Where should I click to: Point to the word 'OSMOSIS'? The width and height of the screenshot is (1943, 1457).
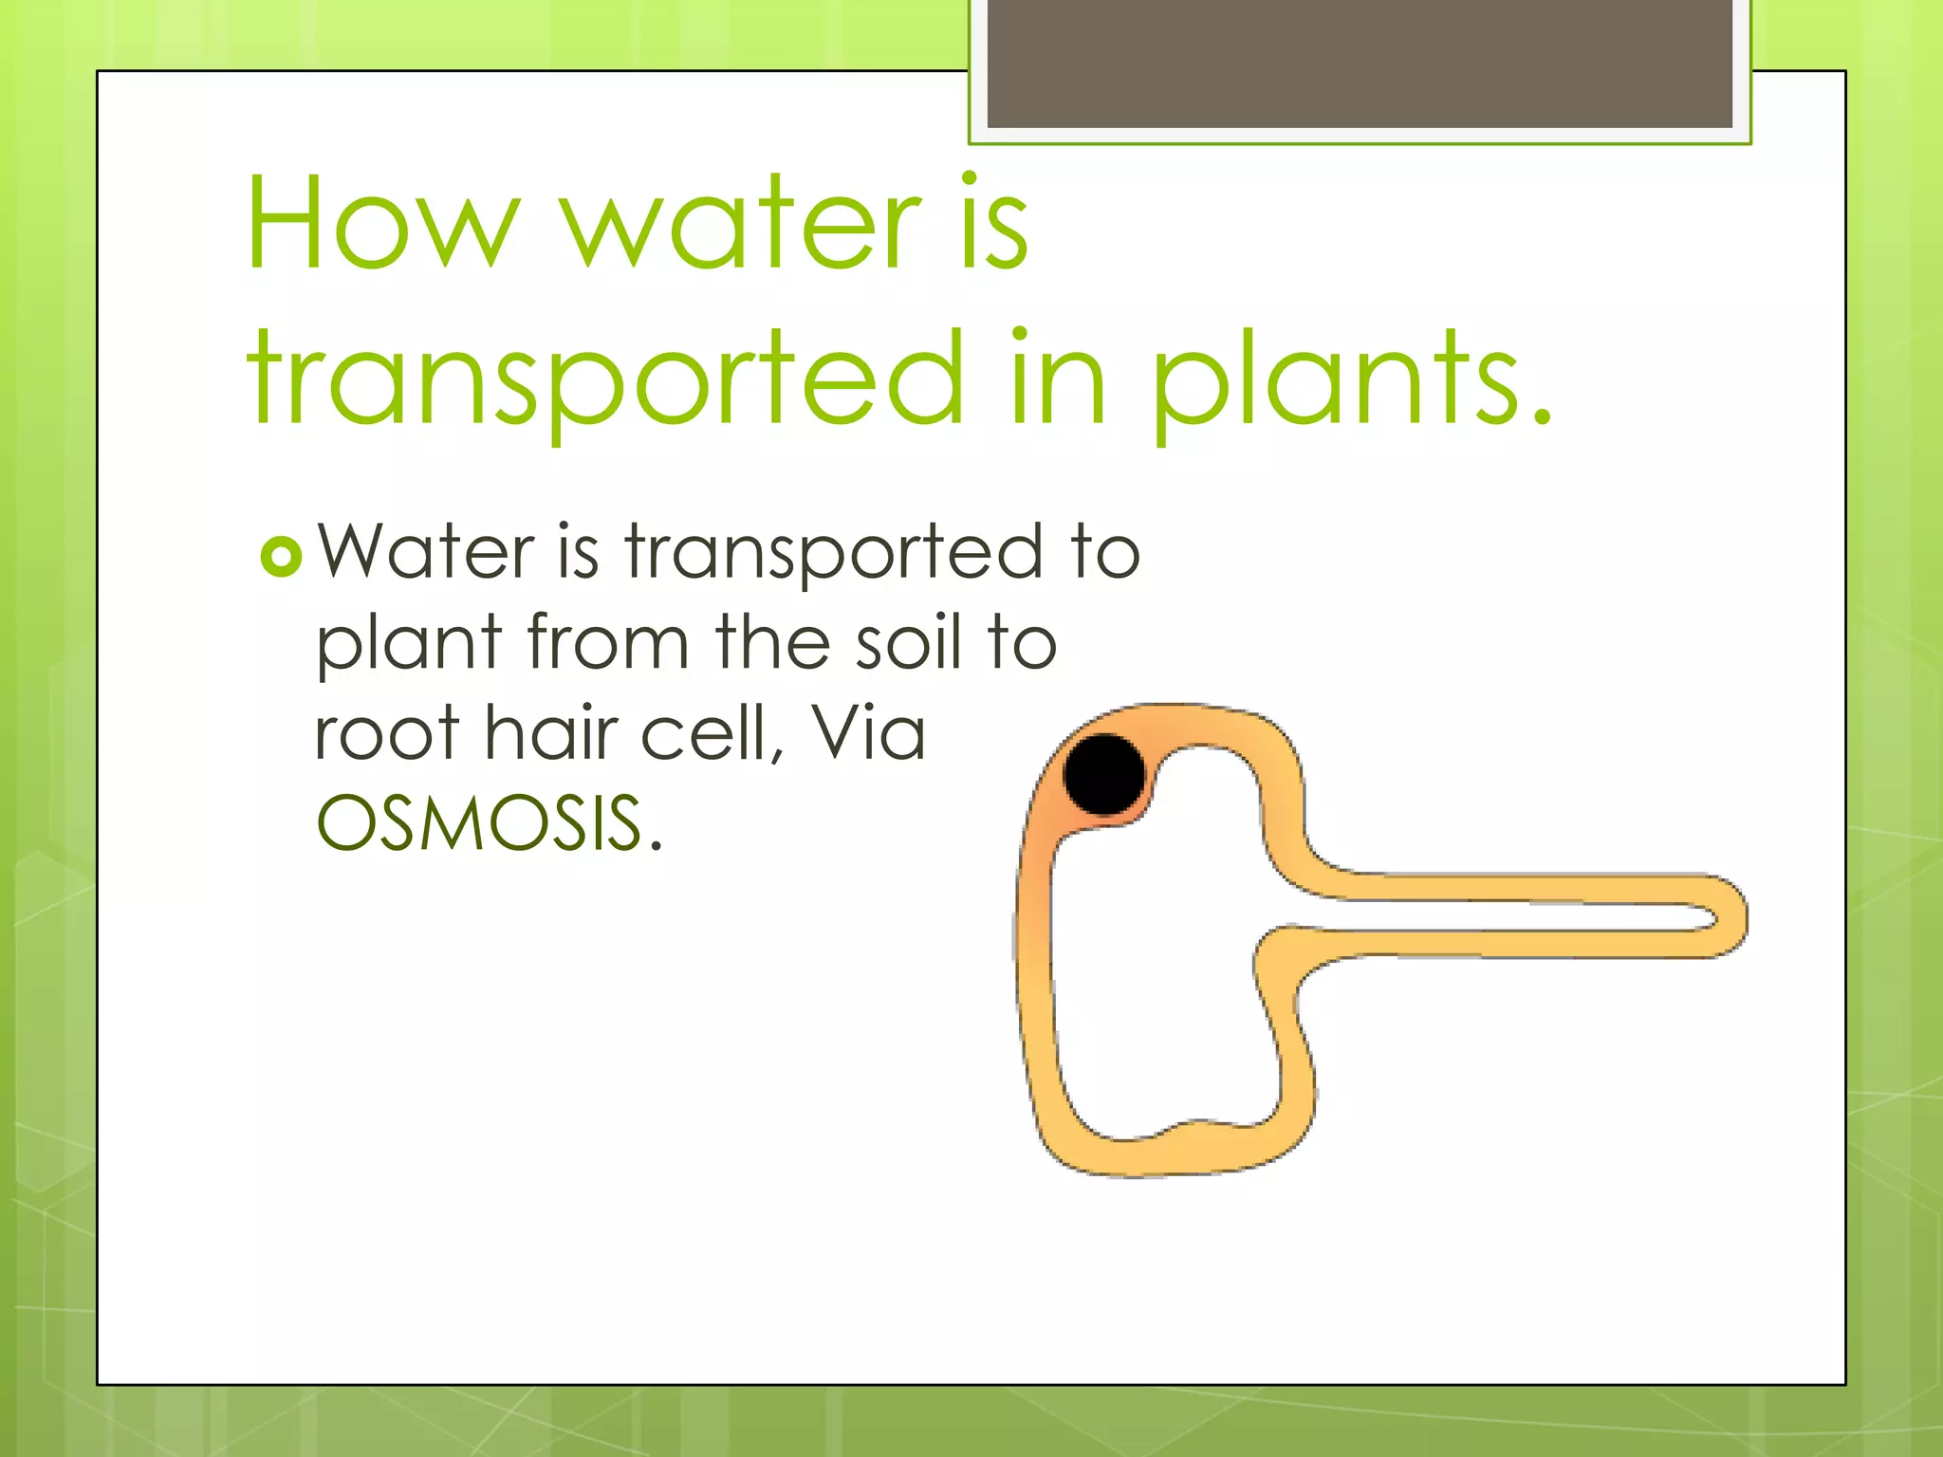(x=480, y=822)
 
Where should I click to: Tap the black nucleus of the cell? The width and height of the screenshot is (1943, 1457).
(x=1104, y=773)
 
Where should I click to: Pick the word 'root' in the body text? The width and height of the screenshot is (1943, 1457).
(x=387, y=733)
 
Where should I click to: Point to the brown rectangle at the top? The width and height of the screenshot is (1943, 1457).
(x=1359, y=63)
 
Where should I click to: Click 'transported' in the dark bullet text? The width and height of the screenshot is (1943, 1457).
(x=833, y=554)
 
